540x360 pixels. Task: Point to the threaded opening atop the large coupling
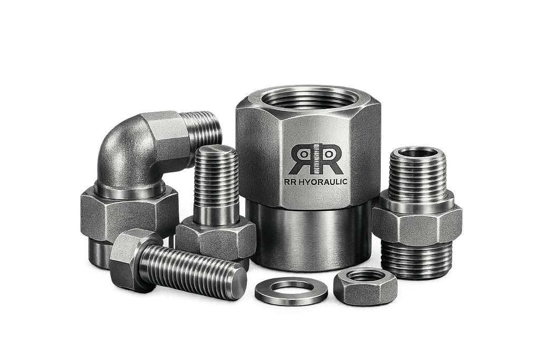(x=307, y=99)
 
